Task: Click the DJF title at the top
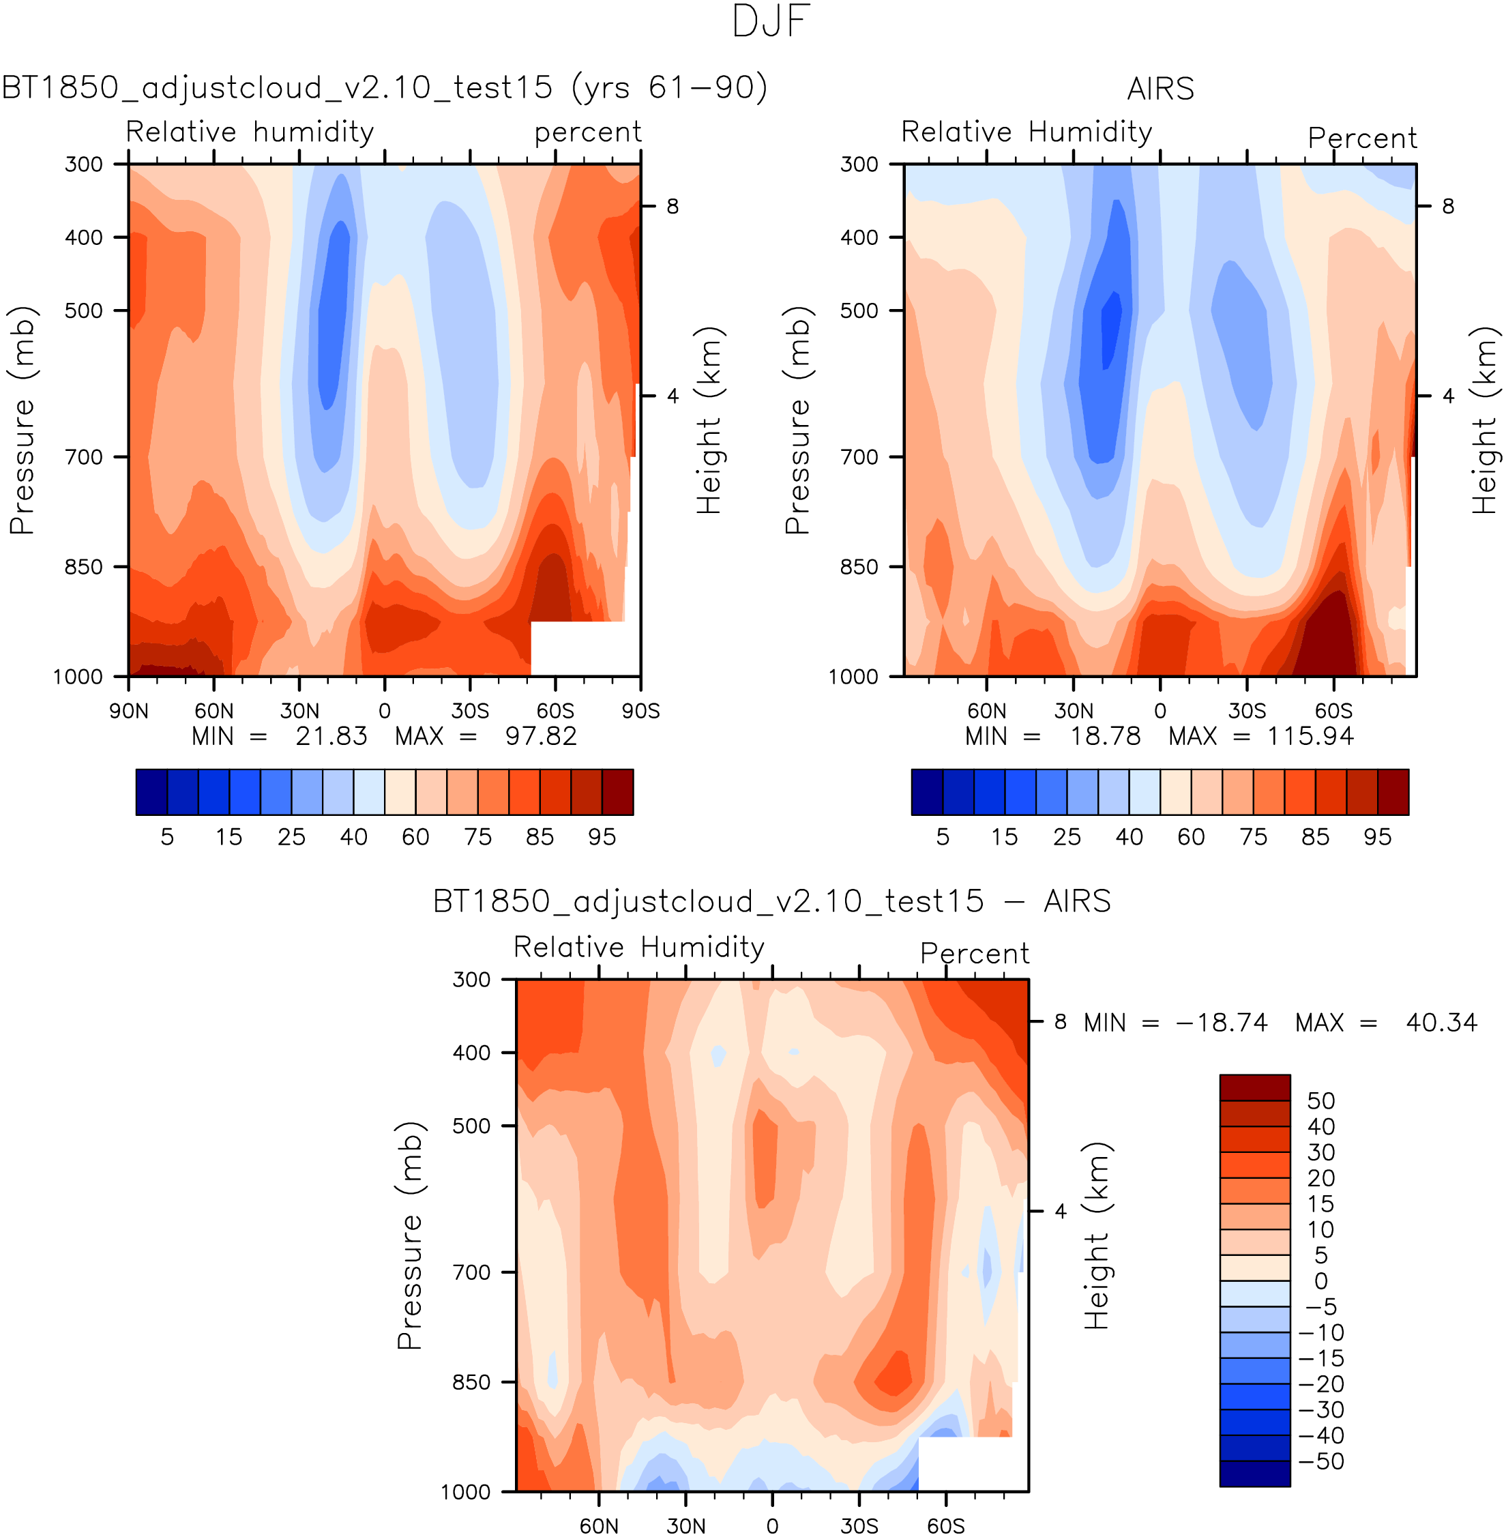pyautogui.click(x=771, y=22)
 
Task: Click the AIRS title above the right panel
pyautogui.click(x=1160, y=89)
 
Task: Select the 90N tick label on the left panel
pyautogui.click(x=128, y=710)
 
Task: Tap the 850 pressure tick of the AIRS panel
pyautogui.click(x=859, y=567)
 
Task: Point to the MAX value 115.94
pyautogui.click(x=1311, y=737)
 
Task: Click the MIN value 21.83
pyautogui.click(x=331, y=737)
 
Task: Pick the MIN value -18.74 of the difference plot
pyautogui.click(x=1222, y=1023)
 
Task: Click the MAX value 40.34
pyautogui.click(x=1441, y=1023)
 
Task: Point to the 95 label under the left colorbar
pyautogui.click(x=602, y=837)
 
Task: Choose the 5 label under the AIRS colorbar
pyautogui.click(x=943, y=837)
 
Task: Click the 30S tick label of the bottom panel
pyautogui.click(x=859, y=1525)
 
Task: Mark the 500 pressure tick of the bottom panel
pyautogui.click(x=471, y=1126)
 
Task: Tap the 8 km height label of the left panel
pyautogui.click(x=673, y=207)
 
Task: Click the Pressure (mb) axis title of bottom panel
pyautogui.click(x=410, y=1235)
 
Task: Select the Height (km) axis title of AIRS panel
pyautogui.click(x=1485, y=420)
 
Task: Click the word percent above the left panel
pyautogui.click(x=588, y=133)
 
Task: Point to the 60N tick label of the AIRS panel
pyautogui.click(x=986, y=710)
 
